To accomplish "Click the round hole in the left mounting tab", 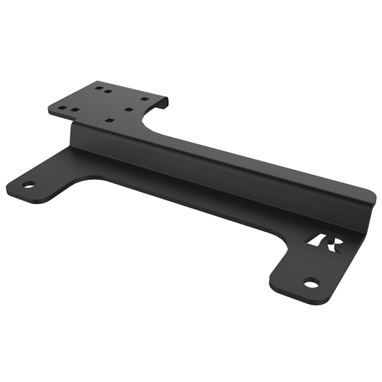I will click(28, 185).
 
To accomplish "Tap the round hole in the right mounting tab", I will click(311, 283).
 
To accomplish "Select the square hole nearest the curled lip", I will click(144, 99).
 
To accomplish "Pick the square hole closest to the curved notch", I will click(128, 109).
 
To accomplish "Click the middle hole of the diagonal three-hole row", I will click(128, 109).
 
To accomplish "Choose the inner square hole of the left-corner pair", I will click(75, 110).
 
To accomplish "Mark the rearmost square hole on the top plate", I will click(99, 88).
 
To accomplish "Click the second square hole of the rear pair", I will click(108, 92).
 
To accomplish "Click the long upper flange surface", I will click(248, 160).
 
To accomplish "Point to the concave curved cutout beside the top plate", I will click(147, 120).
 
